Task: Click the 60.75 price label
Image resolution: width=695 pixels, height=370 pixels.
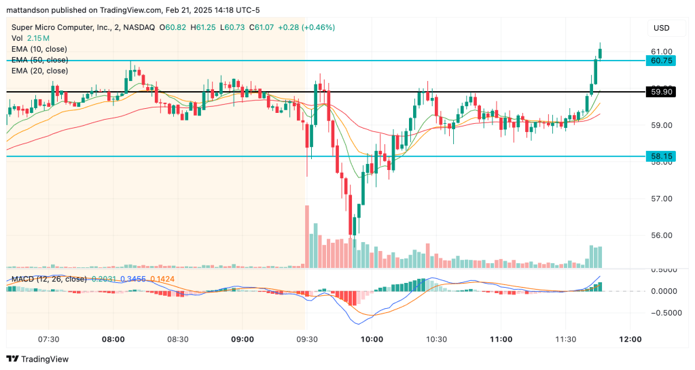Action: [662, 61]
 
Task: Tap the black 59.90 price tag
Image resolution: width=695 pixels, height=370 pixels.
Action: [662, 91]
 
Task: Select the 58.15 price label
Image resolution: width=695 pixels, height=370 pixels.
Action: [662, 156]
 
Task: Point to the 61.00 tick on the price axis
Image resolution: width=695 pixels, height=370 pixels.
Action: [662, 52]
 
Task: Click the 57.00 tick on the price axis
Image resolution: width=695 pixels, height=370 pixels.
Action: [662, 199]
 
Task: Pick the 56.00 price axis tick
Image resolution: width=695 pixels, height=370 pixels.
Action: [662, 235]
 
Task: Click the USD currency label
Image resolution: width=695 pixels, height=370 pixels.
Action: [661, 28]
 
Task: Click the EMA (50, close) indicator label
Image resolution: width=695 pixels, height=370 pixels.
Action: [39, 60]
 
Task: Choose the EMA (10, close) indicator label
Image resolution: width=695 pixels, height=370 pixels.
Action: [39, 49]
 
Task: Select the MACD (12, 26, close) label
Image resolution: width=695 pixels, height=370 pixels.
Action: [48, 279]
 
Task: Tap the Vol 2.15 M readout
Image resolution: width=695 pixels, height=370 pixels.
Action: [31, 38]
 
